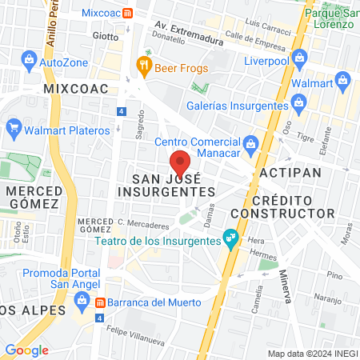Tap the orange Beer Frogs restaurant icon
(144, 66)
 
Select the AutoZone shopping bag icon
(29, 60)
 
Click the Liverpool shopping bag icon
(300, 58)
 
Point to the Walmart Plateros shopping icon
(13, 128)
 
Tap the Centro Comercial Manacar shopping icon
(250, 142)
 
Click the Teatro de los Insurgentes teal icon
(230, 238)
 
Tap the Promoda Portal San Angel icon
(81, 300)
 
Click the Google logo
(26, 350)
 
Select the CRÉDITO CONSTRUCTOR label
(282, 206)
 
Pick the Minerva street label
(284, 282)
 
